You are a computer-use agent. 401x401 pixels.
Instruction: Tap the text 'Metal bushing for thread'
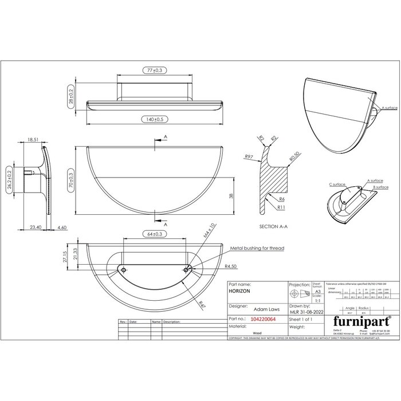click(x=257, y=248)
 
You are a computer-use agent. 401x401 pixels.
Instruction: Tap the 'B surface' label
click(x=381, y=187)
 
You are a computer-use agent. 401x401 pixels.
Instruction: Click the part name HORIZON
click(x=240, y=292)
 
